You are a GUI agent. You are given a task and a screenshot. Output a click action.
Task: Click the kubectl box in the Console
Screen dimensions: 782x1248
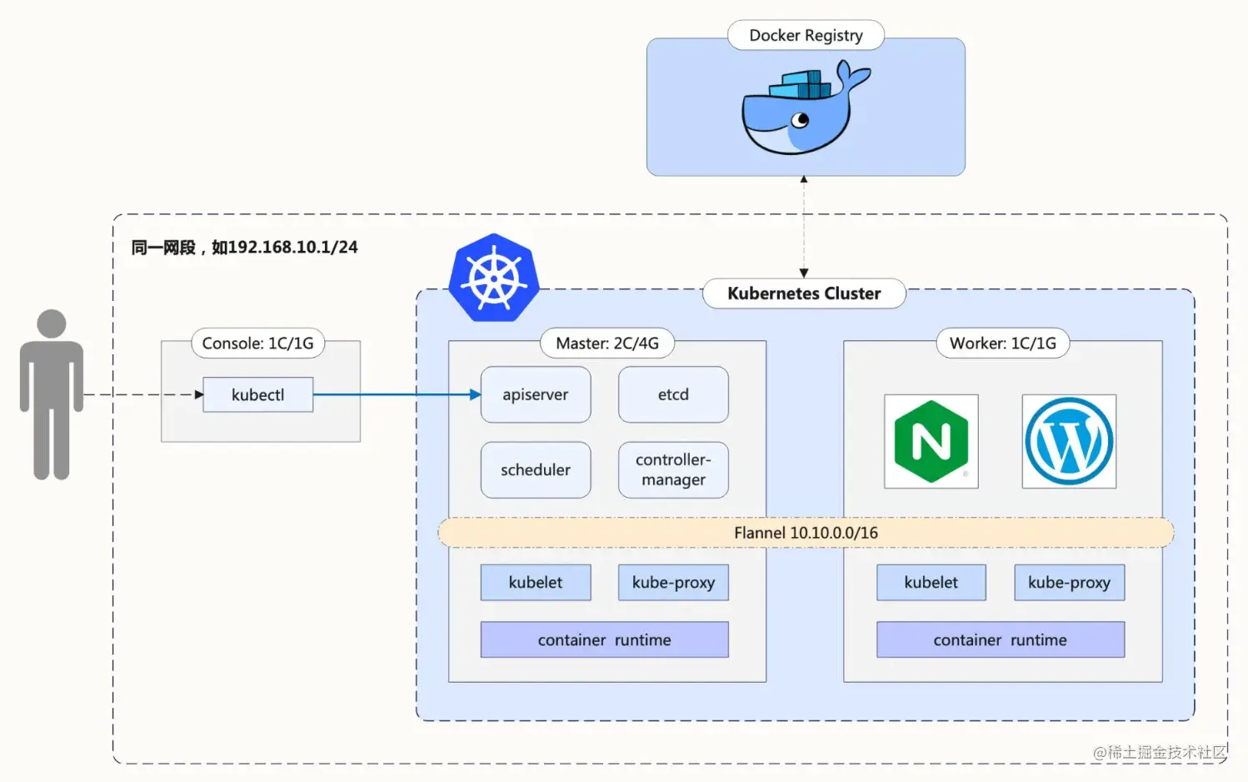(x=257, y=394)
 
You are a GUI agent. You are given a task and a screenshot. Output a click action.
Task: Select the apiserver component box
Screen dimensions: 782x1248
(x=535, y=394)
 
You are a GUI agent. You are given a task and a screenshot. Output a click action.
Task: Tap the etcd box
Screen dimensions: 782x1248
(x=673, y=394)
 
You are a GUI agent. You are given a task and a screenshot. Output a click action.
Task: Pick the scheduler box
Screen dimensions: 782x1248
(x=535, y=470)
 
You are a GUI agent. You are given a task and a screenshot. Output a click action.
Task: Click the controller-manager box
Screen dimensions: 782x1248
(x=673, y=470)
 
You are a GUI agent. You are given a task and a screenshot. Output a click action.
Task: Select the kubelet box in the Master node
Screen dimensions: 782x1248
(x=535, y=583)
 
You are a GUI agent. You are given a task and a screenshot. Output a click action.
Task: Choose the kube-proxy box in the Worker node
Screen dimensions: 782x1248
(x=1069, y=583)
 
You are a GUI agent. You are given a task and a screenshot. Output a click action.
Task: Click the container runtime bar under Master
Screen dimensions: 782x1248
(x=604, y=639)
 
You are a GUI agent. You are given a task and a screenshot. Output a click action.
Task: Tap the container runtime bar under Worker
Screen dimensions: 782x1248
(x=1000, y=639)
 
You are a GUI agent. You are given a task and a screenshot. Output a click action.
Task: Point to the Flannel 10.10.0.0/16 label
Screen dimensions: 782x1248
(x=806, y=533)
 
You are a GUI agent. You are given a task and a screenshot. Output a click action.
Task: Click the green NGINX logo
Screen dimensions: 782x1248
(x=931, y=441)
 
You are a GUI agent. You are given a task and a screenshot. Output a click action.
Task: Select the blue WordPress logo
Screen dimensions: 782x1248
(x=1069, y=441)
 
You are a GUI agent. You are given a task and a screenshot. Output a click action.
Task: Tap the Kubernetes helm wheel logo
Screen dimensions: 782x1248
(x=493, y=278)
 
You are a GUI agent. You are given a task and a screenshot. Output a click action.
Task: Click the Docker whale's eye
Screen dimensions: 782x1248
(x=801, y=120)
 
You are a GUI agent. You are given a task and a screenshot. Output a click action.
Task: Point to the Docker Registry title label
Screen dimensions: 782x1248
(x=806, y=35)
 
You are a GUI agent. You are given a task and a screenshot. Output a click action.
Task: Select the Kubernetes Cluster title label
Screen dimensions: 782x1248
(x=804, y=293)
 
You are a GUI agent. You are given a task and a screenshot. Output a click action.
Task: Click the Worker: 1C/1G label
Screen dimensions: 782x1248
(x=1002, y=343)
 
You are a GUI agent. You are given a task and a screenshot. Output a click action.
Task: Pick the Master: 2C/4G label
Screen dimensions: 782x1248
(x=607, y=343)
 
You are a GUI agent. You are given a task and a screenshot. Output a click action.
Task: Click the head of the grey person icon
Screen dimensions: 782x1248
(x=52, y=323)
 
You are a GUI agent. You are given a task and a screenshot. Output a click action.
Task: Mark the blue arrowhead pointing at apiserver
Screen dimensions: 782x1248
(x=475, y=394)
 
